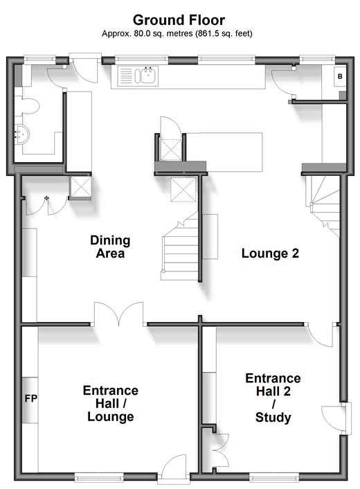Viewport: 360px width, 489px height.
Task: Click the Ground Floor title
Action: click(179, 21)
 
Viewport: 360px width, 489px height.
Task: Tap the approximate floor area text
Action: click(177, 33)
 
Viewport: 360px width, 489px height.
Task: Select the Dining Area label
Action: click(110, 247)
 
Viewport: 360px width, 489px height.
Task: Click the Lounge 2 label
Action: click(270, 253)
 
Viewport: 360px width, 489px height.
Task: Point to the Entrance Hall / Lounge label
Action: click(111, 403)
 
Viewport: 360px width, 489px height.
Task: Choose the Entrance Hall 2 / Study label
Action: click(273, 398)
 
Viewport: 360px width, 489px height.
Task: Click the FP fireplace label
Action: click(31, 398)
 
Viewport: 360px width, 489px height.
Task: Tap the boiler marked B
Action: click(340, 76)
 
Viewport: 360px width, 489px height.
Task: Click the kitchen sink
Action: click(148, 75)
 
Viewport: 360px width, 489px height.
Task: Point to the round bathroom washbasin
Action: click(22, 135)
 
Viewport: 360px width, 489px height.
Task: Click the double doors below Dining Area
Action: click(119, 314)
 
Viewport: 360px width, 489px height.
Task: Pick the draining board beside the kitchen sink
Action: click(126, 76)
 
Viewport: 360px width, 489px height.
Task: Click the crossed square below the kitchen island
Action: click(183, 189)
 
